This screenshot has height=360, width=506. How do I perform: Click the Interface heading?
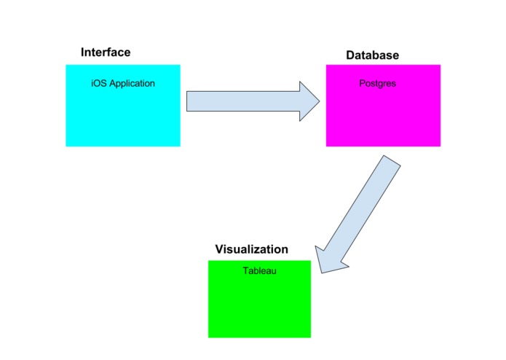click(x=106, y=52)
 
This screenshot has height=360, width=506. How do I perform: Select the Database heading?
click(x=372, y=55)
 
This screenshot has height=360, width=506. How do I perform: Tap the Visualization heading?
click(x=251, y=249)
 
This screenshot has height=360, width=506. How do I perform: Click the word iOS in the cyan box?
click(x=99, y=83)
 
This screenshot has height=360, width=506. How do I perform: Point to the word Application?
click(x=132, y=84)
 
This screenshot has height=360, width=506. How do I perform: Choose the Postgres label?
click(x=378, y=84)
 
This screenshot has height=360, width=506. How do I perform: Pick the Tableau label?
click(x=259, y=270)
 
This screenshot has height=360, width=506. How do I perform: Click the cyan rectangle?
click(x=123, y=106)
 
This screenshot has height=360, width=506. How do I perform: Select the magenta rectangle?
click(x=383, y=106)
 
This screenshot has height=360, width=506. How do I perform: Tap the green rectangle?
click(x=259, y=299)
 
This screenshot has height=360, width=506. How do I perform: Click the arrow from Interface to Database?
click(x=253, y=101)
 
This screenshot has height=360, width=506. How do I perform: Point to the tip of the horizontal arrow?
click(x=320, y=101)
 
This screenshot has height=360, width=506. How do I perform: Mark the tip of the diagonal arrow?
click(x=322, y=273)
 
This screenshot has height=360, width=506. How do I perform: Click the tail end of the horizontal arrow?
click(x=187, y=101)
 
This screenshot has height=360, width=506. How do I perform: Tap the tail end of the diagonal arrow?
click(x=392, y=160)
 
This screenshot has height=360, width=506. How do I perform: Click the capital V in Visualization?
click(x=219, y=249)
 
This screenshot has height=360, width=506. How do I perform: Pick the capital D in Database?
click(x=350, y=55)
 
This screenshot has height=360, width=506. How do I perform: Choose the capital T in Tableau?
click(x=245, y=270)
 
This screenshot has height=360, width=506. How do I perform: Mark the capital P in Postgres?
click(x=362, y=83)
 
